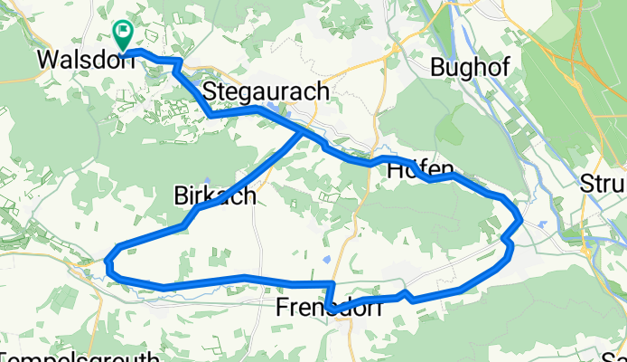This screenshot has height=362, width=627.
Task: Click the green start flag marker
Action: point(122,33)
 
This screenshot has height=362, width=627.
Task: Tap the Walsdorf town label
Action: point(79,60)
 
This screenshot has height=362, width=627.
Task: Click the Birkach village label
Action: point(214,195)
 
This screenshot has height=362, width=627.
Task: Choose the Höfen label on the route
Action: point(420,174)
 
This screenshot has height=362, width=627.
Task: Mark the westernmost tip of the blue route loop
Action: point(108,263)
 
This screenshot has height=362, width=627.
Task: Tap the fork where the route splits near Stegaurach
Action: point(302,130)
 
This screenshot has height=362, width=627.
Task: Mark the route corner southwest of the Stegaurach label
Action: point(211,115)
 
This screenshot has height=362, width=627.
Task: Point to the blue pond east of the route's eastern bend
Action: point(541,221)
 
